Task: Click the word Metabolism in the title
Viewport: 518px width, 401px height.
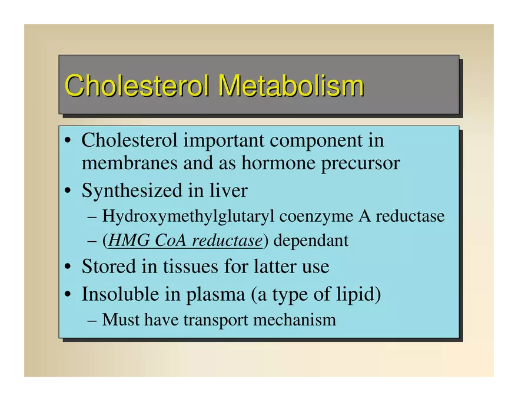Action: [291, 86]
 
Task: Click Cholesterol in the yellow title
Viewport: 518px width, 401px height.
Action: [137, 86]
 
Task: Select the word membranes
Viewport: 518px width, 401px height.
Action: [129, 163]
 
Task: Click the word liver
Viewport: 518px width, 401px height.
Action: [228, 190]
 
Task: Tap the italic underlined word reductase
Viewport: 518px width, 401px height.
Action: [227, 241]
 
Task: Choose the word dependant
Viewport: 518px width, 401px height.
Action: [311, 241]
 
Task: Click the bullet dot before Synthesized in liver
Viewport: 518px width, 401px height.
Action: [68, 191]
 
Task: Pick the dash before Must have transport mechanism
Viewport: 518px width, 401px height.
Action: [92, 320]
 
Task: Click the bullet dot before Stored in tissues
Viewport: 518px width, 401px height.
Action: [68, 267]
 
